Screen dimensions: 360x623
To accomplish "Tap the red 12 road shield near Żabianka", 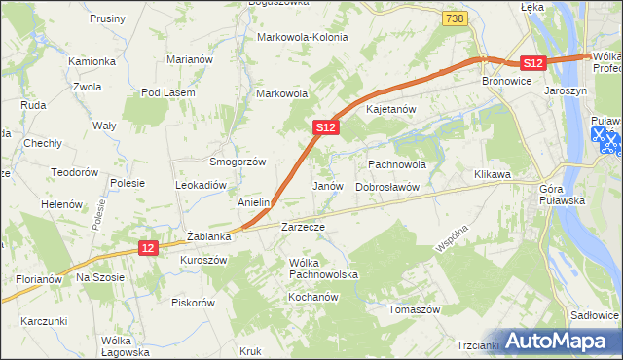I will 147,249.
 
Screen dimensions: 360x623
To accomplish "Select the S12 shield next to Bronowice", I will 531,63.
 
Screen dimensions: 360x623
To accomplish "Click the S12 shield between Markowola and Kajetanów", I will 326,127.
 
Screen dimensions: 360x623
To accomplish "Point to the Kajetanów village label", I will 391,109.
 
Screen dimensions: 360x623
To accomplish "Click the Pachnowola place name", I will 398,164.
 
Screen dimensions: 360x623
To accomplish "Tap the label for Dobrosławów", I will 386,186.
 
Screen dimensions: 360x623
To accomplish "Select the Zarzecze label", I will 302,226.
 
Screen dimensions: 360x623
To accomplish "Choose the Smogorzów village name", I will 238,162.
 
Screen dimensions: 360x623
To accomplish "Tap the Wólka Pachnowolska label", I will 324,269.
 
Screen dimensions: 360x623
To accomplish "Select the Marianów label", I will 190,59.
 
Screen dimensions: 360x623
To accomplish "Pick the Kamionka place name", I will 92,61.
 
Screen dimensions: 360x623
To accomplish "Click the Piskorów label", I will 193,303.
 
